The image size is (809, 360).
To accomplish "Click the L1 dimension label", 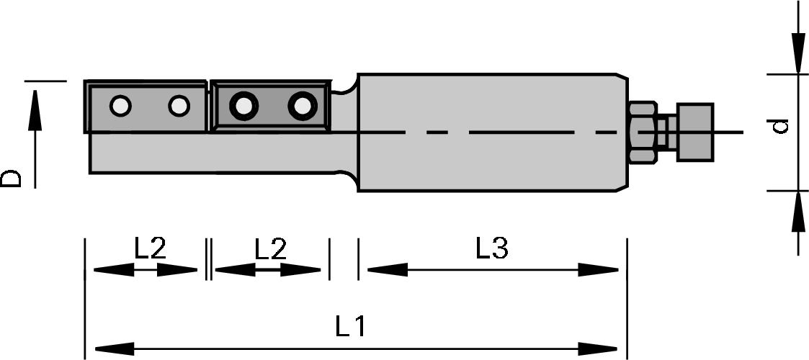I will (x=350, y=328).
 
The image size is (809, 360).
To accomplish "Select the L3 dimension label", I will (x=492, y=249).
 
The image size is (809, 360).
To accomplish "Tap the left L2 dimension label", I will (x=151, y=249).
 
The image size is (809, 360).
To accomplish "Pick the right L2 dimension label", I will (x=271, y=249).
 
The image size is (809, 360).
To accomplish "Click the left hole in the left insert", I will (x=120, y=107).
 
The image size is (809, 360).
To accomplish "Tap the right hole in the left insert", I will (x=178, y=107).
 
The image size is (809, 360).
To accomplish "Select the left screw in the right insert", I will (x=243, y=107).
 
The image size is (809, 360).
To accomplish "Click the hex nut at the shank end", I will (x=642, y=130).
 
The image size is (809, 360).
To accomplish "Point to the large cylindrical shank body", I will (x=490, y=133).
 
